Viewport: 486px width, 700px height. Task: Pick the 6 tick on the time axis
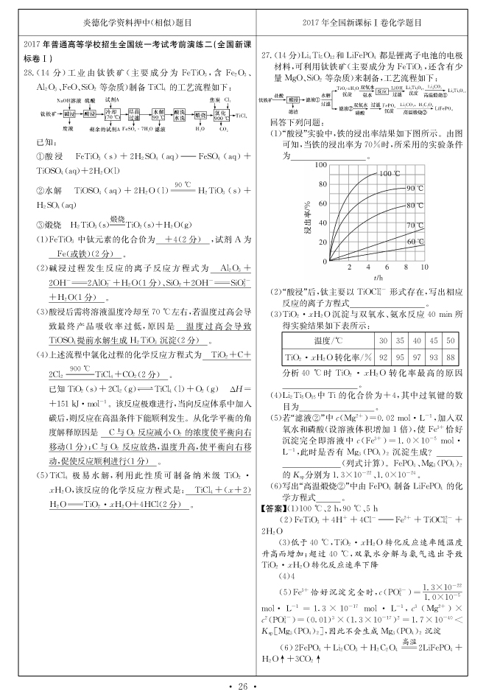click(385, 268)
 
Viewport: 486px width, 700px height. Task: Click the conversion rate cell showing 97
click(416, 357)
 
